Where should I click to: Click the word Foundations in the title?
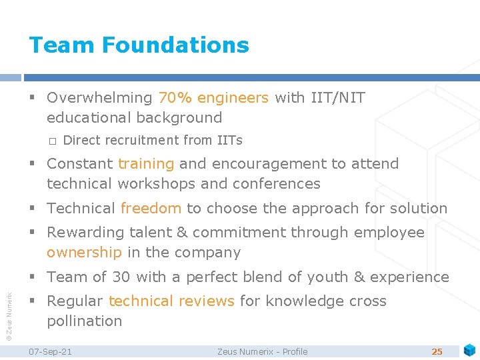pos(175,45)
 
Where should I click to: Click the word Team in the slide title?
pos(62,45)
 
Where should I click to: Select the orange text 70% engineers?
pos(213,98)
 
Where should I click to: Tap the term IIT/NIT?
pos(338,98)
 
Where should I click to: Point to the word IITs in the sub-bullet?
pos(230,141)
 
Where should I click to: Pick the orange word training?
pos(146,164)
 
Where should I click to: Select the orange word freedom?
pos(151,209)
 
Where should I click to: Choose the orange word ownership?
pos(84,253)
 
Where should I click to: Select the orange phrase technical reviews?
pos(171,301)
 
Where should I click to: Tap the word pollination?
pos(85,321)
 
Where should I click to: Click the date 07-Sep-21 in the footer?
pos(51,351)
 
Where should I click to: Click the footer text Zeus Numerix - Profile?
pos(262,351)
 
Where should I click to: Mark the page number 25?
pos(437,351)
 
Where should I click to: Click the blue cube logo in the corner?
pos(469,350)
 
